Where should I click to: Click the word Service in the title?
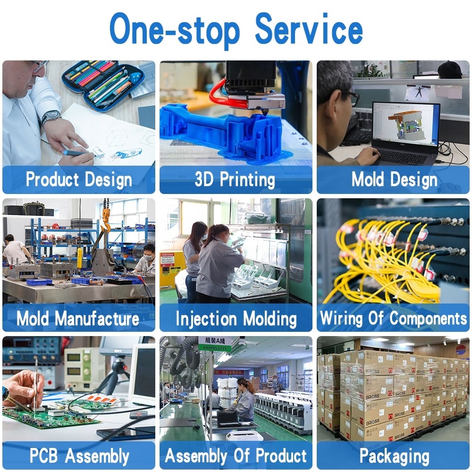click(309, 29)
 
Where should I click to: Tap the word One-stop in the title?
click(175, 29)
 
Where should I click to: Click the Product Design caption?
click(79, 180)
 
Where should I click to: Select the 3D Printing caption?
click(235, 180)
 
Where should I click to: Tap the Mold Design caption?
click(394, 180)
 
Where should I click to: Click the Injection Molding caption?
click(236, 318)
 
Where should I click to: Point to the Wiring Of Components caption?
click(393, 318)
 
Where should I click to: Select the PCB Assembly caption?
click(79, 456)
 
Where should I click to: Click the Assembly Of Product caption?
click(236, 456)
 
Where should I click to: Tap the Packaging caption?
click(394, 456)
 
